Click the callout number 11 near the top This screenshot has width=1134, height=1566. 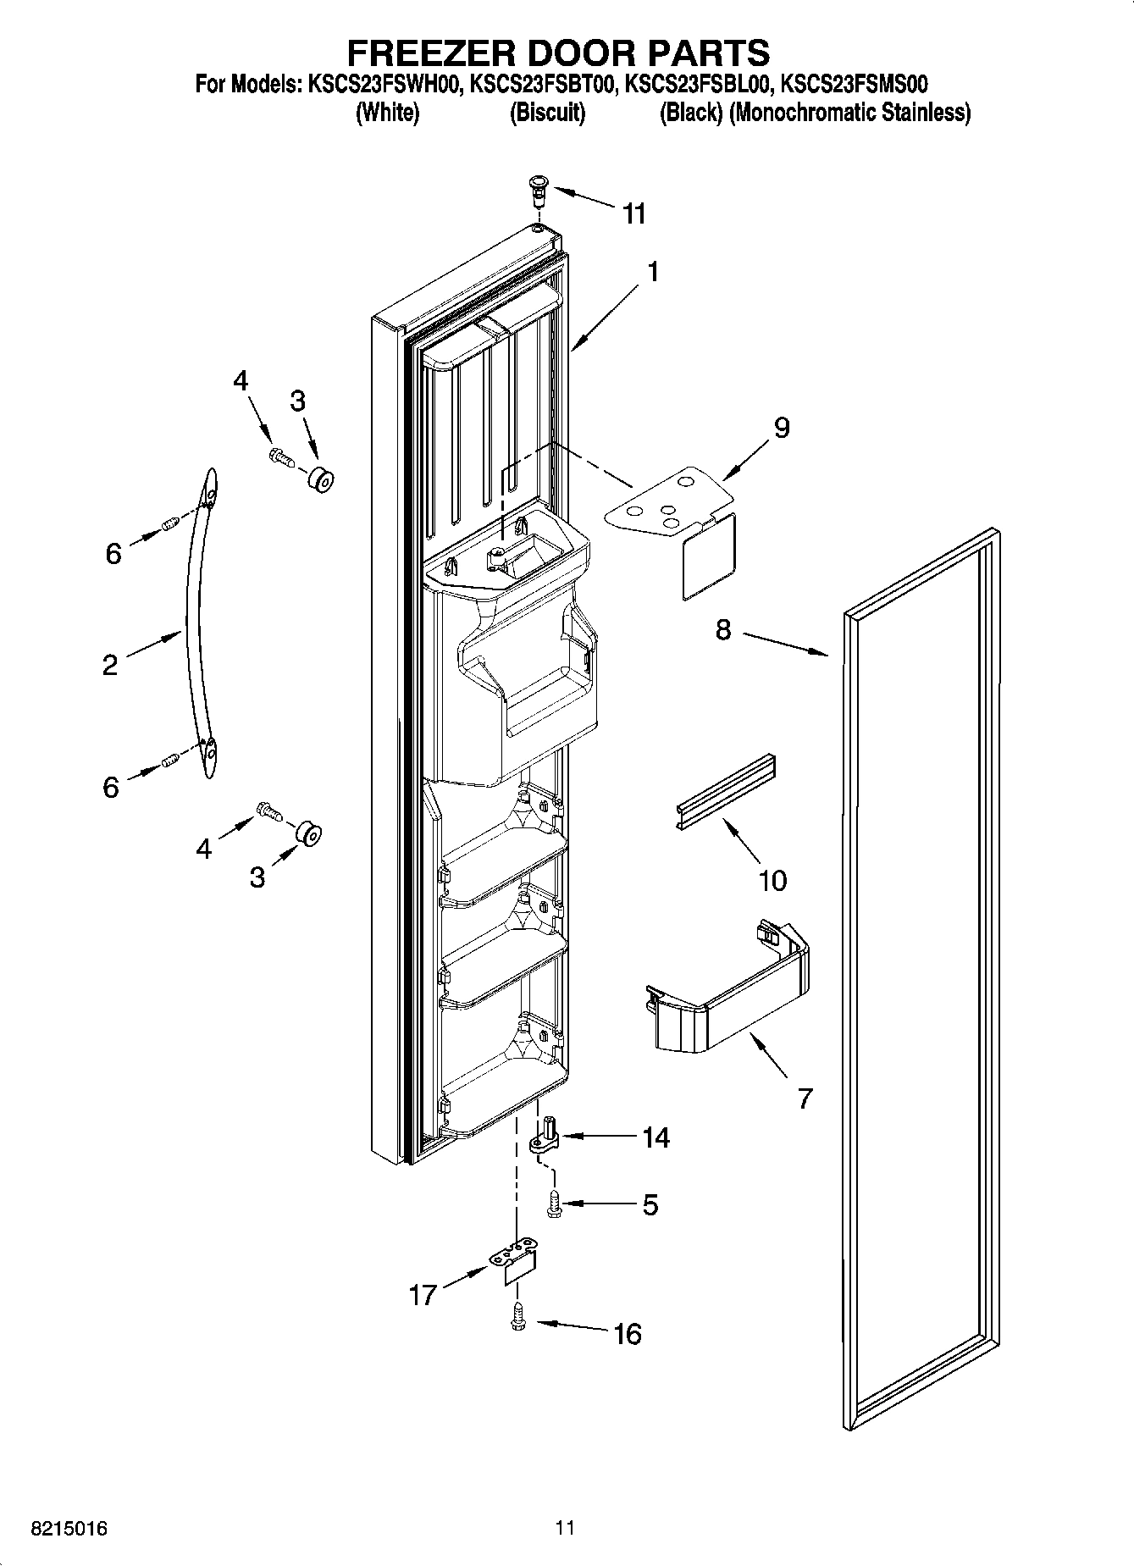coord(633,214)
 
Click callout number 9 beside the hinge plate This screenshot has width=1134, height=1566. coord(781,428)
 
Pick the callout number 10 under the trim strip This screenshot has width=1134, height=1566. coord(772,881)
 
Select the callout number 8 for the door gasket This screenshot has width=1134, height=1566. coord(722,630)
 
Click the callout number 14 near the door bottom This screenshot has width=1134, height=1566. coord(656,1137)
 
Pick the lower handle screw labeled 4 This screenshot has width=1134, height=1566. coord(268,811)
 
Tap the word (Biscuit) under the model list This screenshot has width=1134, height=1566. coord(547,113)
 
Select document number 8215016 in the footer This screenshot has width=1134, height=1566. coord(69,1529)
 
